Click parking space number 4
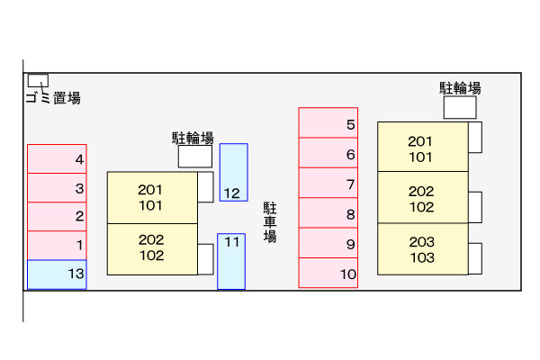click(57, 158)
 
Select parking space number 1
click(57, 245)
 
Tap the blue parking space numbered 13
click(57, 274)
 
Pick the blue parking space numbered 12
click(233, 172)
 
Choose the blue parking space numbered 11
click(231, 261)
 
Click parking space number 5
click(328, 124)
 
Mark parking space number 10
click(328, 273)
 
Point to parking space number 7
click(328, 184)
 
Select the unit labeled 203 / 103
click(422, 249)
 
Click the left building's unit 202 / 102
click(152, 248)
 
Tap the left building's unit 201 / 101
click(152, 197)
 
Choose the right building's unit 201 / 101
click(422, 148)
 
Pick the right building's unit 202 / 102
click(422, 198)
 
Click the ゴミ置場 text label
click(53, 98)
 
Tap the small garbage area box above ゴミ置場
click(38, 80)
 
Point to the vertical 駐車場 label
click(269, 222)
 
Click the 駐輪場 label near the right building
click(460, 87)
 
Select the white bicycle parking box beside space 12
click(194, 157)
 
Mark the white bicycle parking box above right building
click(460, 107)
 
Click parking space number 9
click(328, 243)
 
